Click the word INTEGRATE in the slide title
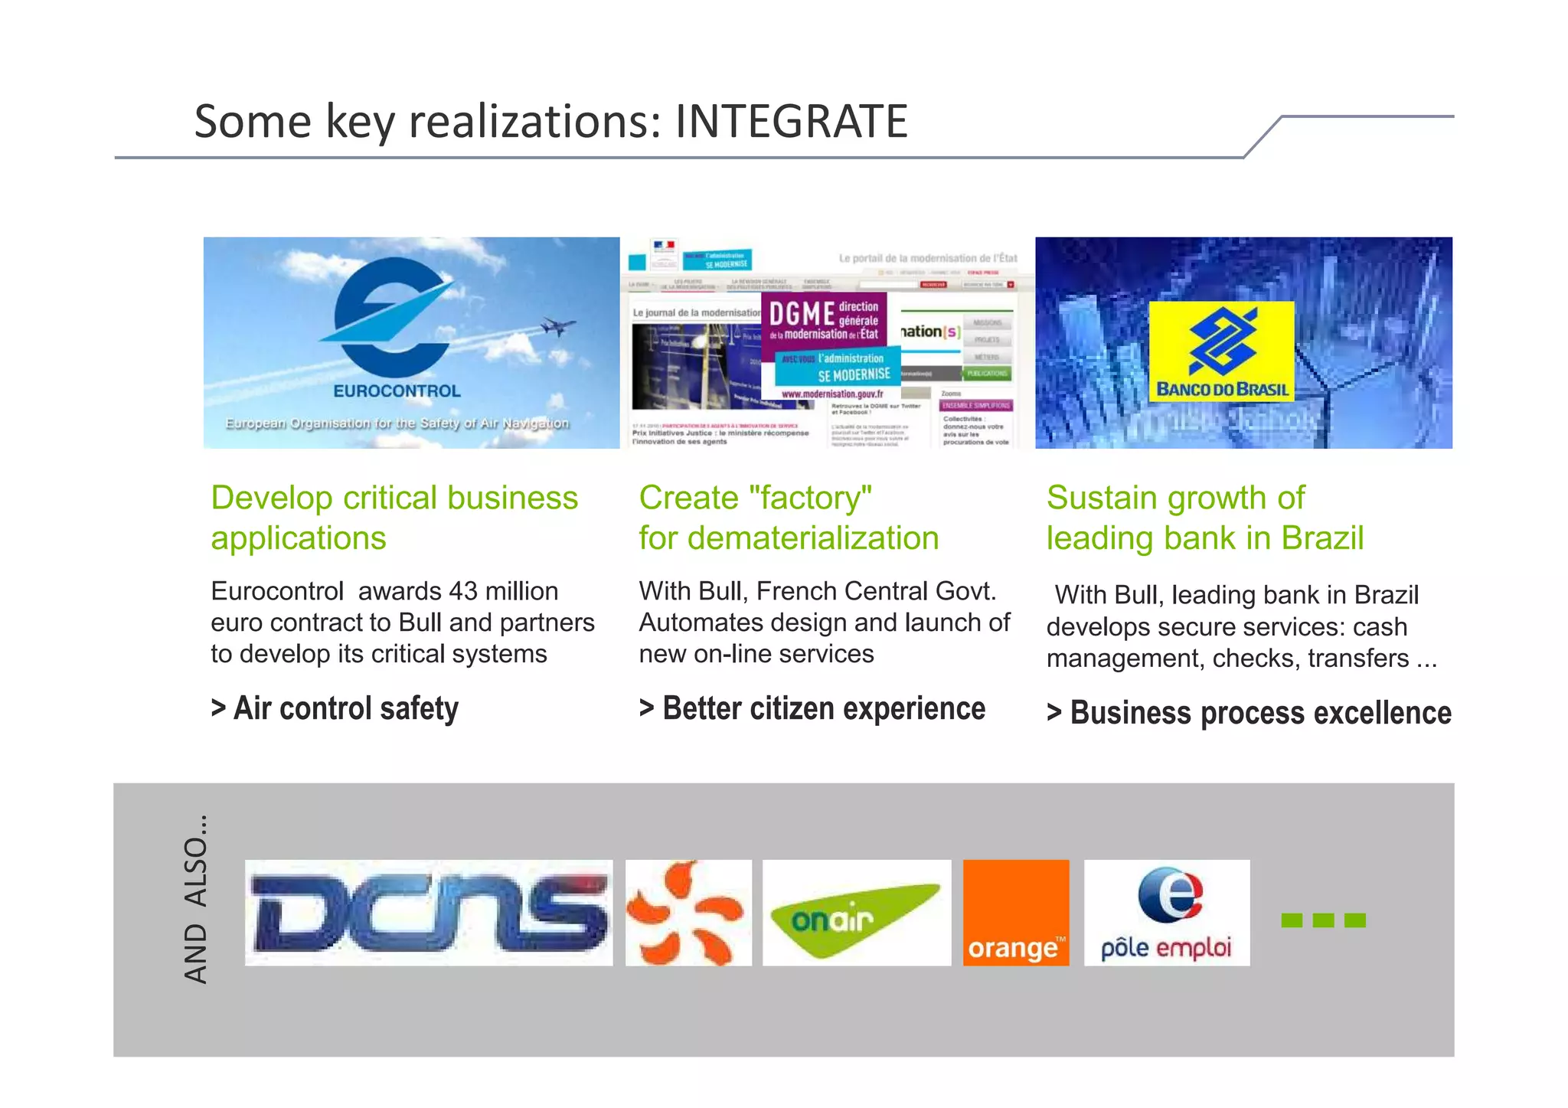(791, 122)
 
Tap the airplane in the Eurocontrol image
(557, 326)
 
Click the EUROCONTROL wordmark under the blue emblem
(397, 391)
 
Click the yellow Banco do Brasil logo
(1221, 351)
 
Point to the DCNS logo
(429, 913)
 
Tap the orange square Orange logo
(1016, 913)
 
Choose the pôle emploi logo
(1167, 913)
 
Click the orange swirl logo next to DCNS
(688, 913)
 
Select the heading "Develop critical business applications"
(394, 518)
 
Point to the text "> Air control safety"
(335, 708)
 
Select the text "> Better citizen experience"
(812, 708)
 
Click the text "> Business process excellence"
(1249, 713)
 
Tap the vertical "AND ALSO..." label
(196, 900)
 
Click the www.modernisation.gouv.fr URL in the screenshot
(831, 394)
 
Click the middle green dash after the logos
(1323, 920)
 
